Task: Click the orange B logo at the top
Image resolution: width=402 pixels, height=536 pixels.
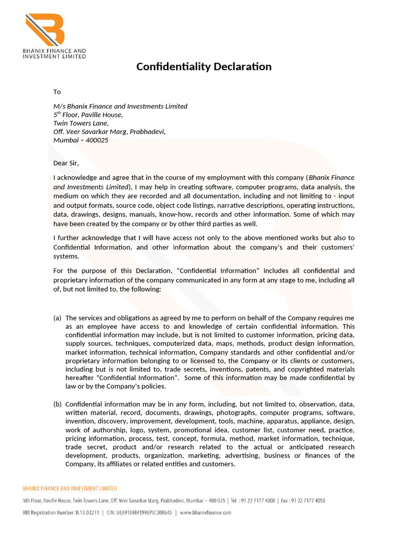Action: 45,29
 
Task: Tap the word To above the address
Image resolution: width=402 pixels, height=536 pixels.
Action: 57,92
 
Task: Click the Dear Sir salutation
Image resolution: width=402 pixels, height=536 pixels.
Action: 66,163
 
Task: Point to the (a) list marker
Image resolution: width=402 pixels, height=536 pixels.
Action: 57,318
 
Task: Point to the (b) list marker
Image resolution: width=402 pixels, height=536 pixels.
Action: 57,404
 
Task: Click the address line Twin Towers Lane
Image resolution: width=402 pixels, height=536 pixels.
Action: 81,123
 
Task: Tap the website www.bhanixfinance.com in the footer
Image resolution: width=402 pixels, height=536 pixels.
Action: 206,512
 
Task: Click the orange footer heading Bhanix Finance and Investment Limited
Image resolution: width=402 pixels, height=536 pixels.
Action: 70,488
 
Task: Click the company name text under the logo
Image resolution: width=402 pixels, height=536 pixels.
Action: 54,53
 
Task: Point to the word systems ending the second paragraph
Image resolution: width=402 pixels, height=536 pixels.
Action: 66,256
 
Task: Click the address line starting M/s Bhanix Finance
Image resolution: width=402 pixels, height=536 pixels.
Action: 120,106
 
